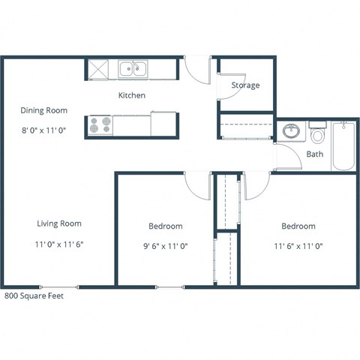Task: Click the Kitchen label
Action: click(131, 95)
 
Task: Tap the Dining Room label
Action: click(43, 110)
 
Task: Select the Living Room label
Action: click(59, 223)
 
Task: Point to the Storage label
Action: click(245, 85)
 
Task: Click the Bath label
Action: click(315, 154)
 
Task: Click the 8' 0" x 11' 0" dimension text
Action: click(43, 130)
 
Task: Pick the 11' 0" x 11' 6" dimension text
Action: click(59, 244)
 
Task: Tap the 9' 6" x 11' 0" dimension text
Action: click(165, 245)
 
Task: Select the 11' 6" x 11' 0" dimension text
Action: click(298, 245)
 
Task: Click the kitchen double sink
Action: click(133, 70)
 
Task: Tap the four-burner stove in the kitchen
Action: click(101, 124)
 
